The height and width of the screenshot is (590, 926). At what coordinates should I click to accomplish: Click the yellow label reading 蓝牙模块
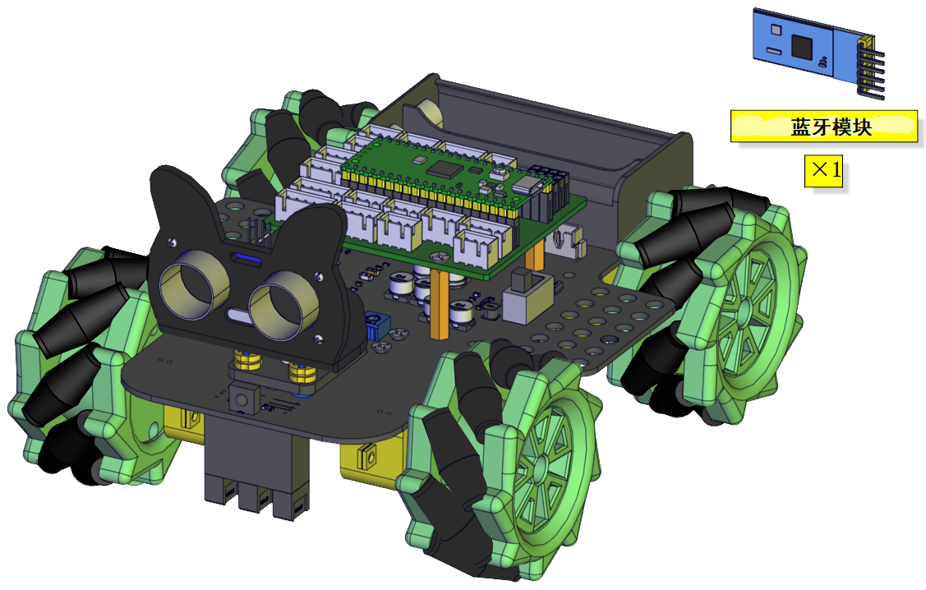tap(824, 127)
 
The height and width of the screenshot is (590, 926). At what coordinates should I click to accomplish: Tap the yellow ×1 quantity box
tap(824, 171)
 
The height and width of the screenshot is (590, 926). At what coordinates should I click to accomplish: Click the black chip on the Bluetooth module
tap(802, 46)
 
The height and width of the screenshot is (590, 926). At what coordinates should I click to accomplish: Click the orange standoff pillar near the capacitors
tap(440, 303)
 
